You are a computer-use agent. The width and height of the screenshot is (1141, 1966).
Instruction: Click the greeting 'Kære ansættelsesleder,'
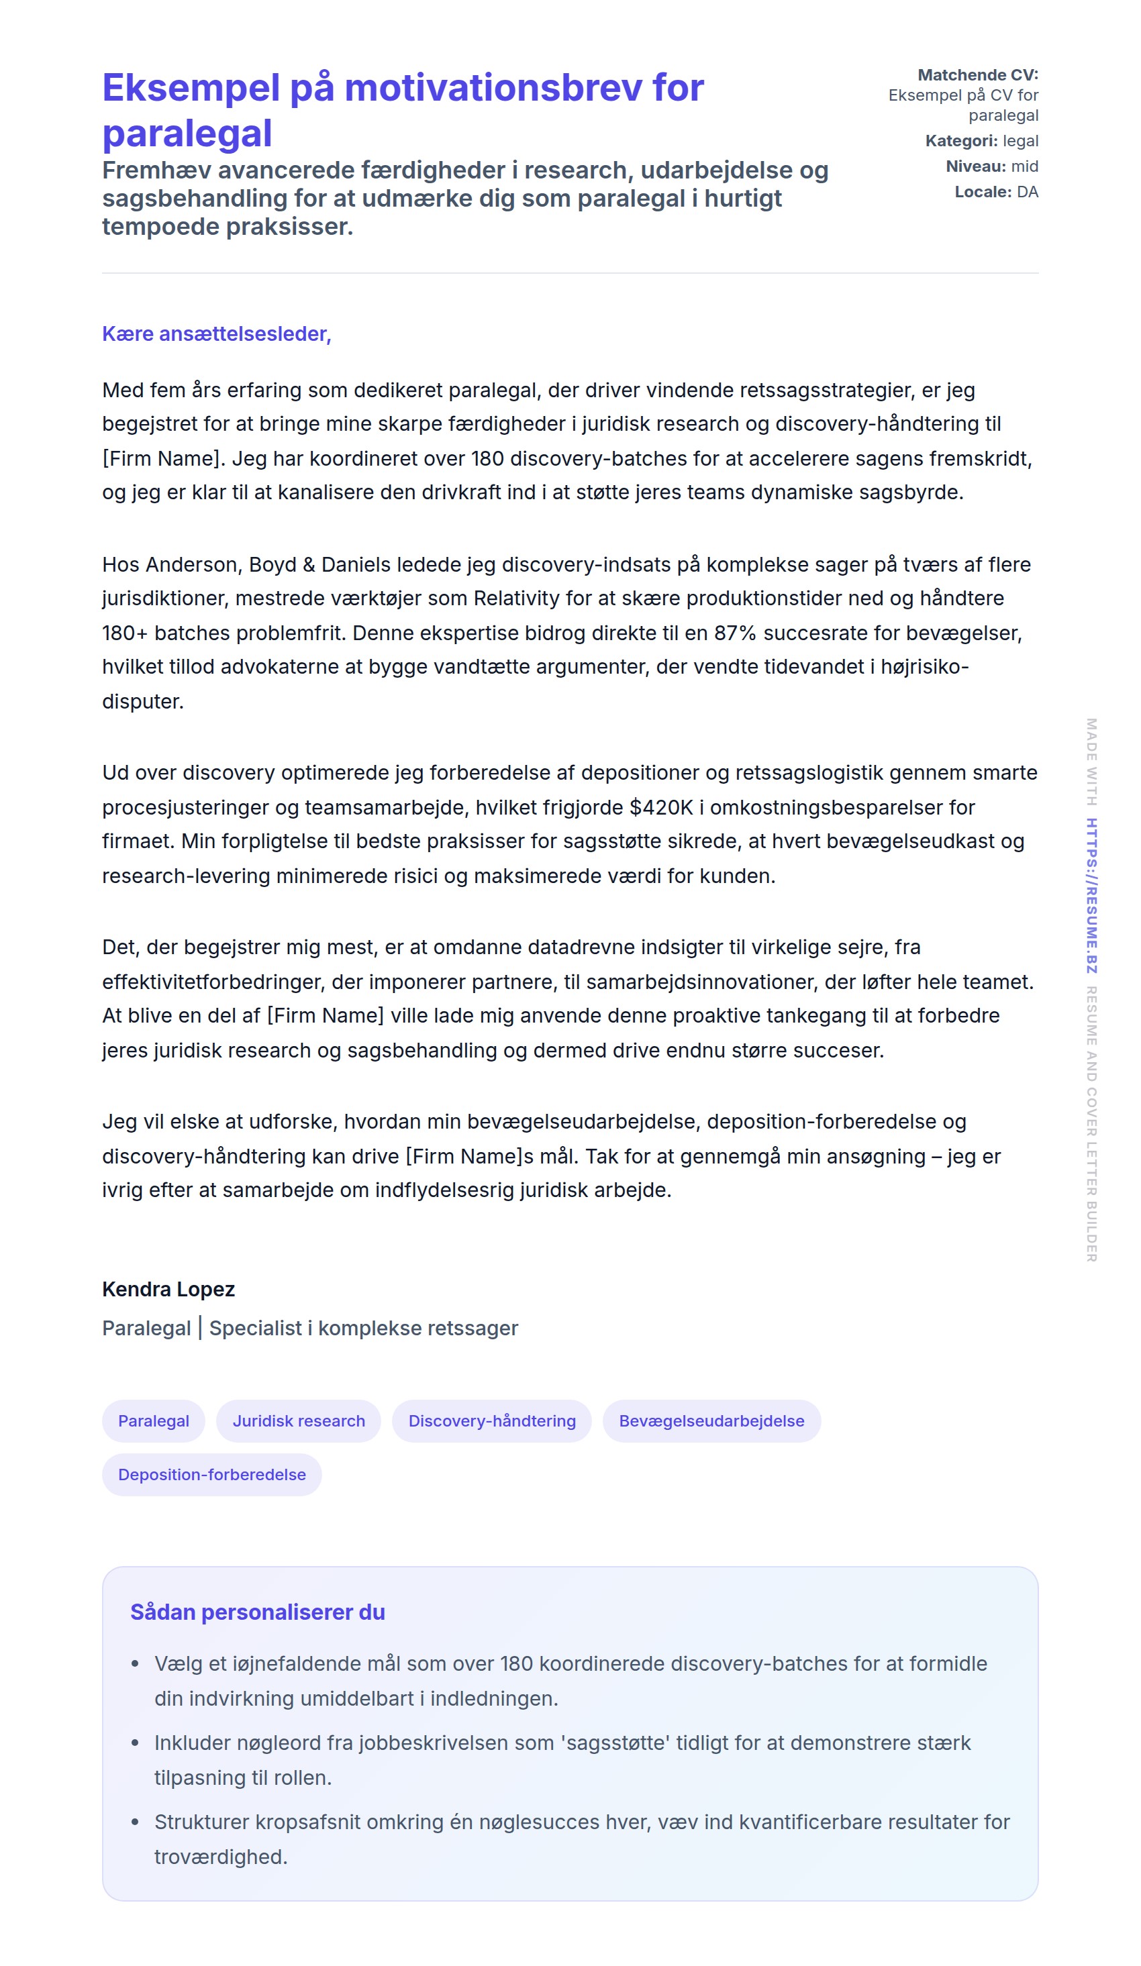pyautogui.click(x=216, y=334)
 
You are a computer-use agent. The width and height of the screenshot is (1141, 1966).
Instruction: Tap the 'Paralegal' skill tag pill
pyautogui.click(x=154, y=1420)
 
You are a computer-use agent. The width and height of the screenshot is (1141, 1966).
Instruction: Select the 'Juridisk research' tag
pyautogui.click(x=298, y=1420)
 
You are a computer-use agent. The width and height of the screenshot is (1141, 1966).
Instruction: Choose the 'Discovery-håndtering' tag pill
pyautogui.click(x=492, y=1420)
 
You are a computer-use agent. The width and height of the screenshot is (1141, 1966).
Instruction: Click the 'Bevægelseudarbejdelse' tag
pyautogui.click(x=711, y=1420)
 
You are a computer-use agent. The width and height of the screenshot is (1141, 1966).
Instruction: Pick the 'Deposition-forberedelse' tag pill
pyautogui.click(x=211, y=1475)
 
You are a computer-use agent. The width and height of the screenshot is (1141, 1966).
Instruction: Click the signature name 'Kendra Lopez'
pyautogui.click(x=168, y=1289)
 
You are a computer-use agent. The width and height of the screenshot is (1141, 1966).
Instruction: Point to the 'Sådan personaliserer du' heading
pyautogui.click(x=258, y=1612)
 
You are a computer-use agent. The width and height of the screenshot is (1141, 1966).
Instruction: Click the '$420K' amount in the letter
pyautogui.click(x=661, y=807)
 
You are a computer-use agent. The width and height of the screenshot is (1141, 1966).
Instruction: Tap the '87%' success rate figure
pyautogui.click(x=735, y=633)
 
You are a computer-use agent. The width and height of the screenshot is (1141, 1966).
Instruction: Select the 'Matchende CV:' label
pyautogui.click(x=977, y=75)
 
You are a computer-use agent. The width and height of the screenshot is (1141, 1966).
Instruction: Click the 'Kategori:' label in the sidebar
pyautogui.click(x=960, y=140)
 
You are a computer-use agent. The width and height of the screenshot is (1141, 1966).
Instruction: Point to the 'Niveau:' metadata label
pyautogui.click(x=975, y=166)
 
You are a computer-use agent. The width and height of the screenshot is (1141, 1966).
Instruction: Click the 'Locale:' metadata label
pyautogui.click(x=983, y=192)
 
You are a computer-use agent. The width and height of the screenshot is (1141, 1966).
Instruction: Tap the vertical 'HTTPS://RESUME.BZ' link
pyautogui.click(x=1092, y=895)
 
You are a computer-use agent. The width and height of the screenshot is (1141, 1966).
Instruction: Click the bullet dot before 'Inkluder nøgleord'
pyautogui.click(x=135, y=1743)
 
